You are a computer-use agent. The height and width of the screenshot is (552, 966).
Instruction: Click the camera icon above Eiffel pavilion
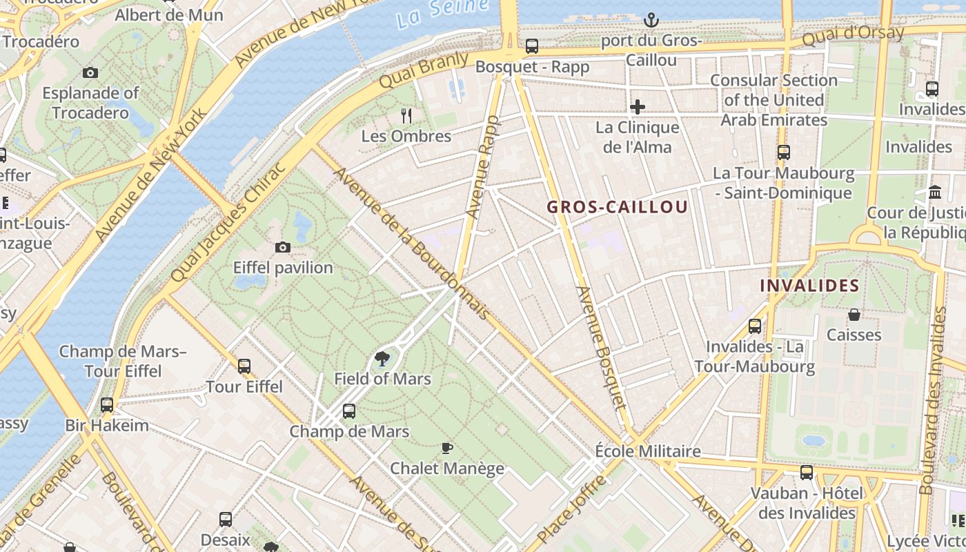click(x=282, y=247)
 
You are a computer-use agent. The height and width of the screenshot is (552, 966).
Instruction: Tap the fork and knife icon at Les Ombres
click(x=406, y=116)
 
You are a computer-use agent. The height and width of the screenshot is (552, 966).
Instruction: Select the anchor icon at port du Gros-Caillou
click(x=651, y=21)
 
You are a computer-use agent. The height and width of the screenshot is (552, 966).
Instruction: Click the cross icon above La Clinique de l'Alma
click(x=637, y=107)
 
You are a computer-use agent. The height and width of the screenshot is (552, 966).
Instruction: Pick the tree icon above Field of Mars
click(x=382, y=358)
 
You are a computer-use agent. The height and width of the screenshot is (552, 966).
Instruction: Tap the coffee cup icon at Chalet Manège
click(x=446, y=448)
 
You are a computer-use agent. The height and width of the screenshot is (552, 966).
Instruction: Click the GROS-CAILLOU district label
click(x=617, y=207)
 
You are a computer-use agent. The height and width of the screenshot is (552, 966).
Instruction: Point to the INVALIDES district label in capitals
click(x=809, y=286)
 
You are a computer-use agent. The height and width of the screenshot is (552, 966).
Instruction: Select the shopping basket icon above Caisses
click(x=854, y=315)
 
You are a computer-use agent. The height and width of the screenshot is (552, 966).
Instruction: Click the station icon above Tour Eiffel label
click(x=244, y=366)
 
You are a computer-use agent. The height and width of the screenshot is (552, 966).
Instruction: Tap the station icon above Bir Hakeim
click(x=106, y=404)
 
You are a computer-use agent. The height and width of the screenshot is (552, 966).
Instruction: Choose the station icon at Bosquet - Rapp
click(x=531, y=46)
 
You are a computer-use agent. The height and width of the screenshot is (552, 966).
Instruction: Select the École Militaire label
click(x=648, y=451)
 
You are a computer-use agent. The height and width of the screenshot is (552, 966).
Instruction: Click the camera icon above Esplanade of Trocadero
click(x=90, y=72)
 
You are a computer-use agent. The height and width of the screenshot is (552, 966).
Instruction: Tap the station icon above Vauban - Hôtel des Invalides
click(x=806, y=473)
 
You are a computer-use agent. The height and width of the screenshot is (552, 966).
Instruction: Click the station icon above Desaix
click(x=225, y=519)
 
